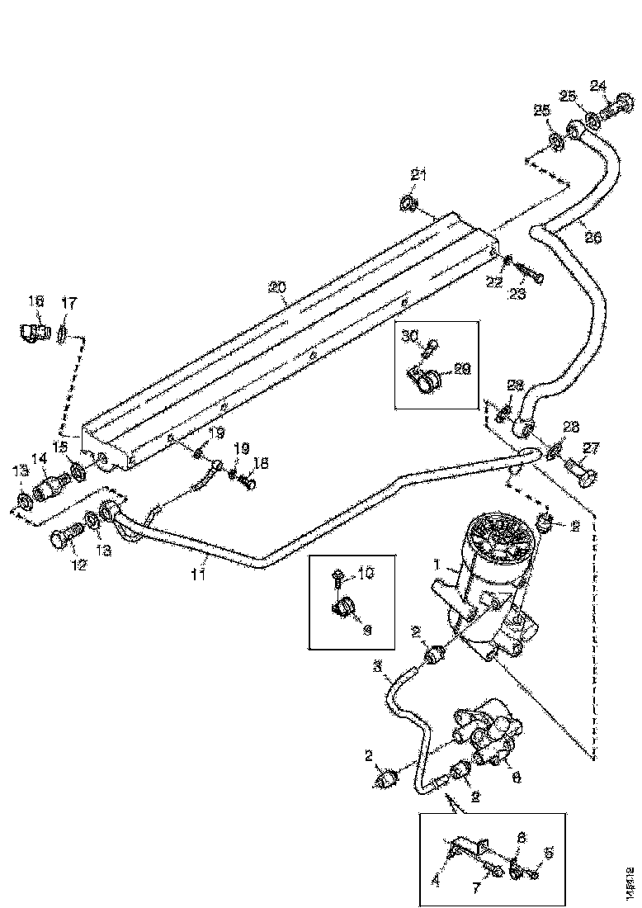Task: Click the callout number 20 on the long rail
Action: (x=276, y=287)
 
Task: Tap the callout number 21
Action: (x=419, y=174)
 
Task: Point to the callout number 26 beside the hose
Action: (x=592, y=237)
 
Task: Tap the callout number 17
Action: (x=68, y=303)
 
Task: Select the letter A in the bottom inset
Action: (x=437, y=881)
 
